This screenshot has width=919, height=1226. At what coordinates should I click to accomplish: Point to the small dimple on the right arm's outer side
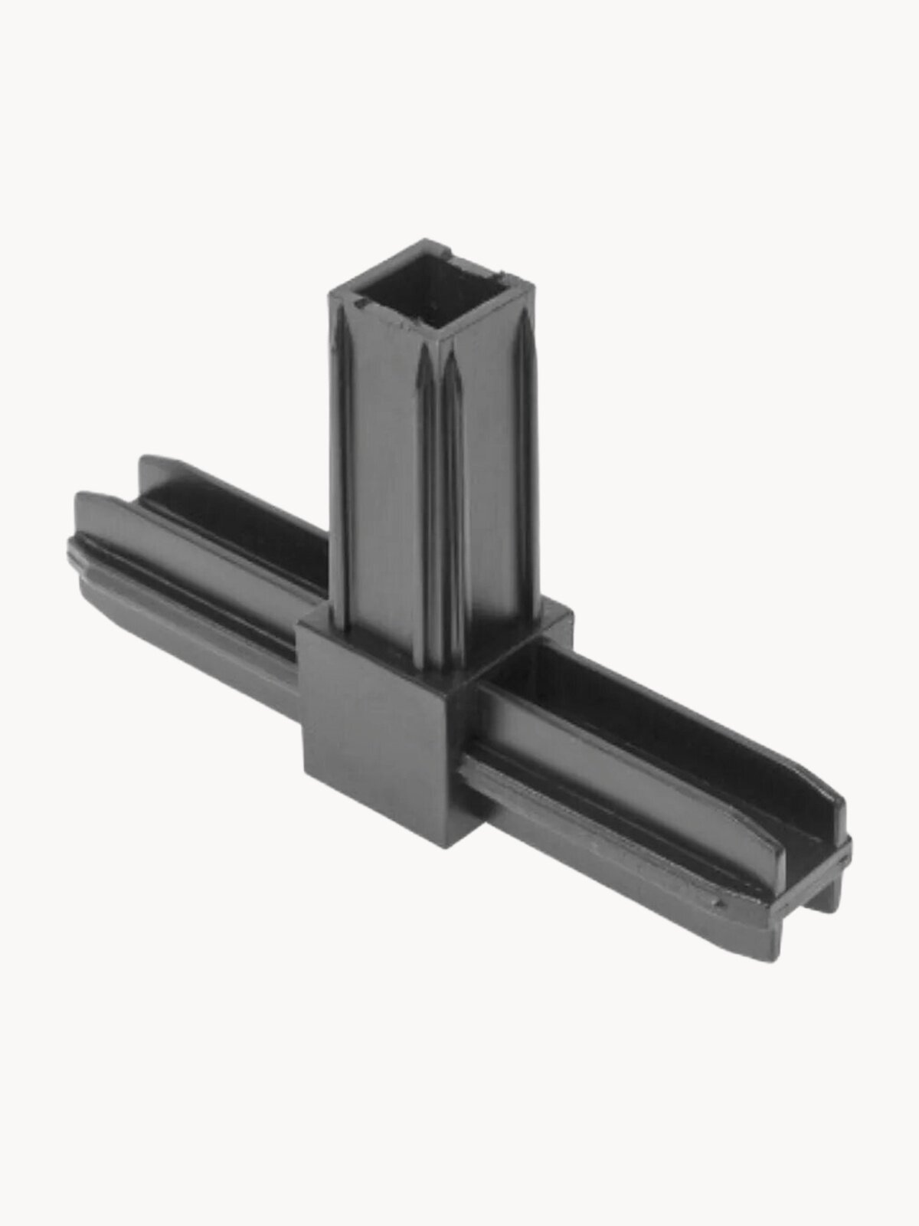(718, 905)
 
